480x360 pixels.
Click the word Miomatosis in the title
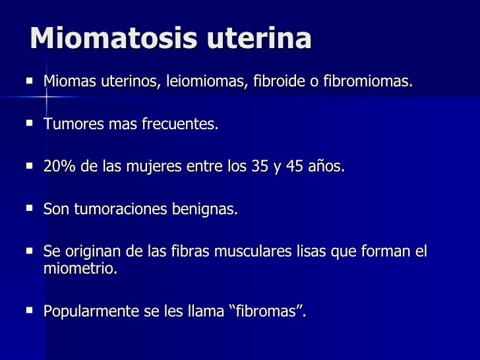113,38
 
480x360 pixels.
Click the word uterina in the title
259,38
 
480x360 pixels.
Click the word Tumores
69,125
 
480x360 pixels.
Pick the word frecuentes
179,125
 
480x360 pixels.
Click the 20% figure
59,167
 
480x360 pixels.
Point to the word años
328,167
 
